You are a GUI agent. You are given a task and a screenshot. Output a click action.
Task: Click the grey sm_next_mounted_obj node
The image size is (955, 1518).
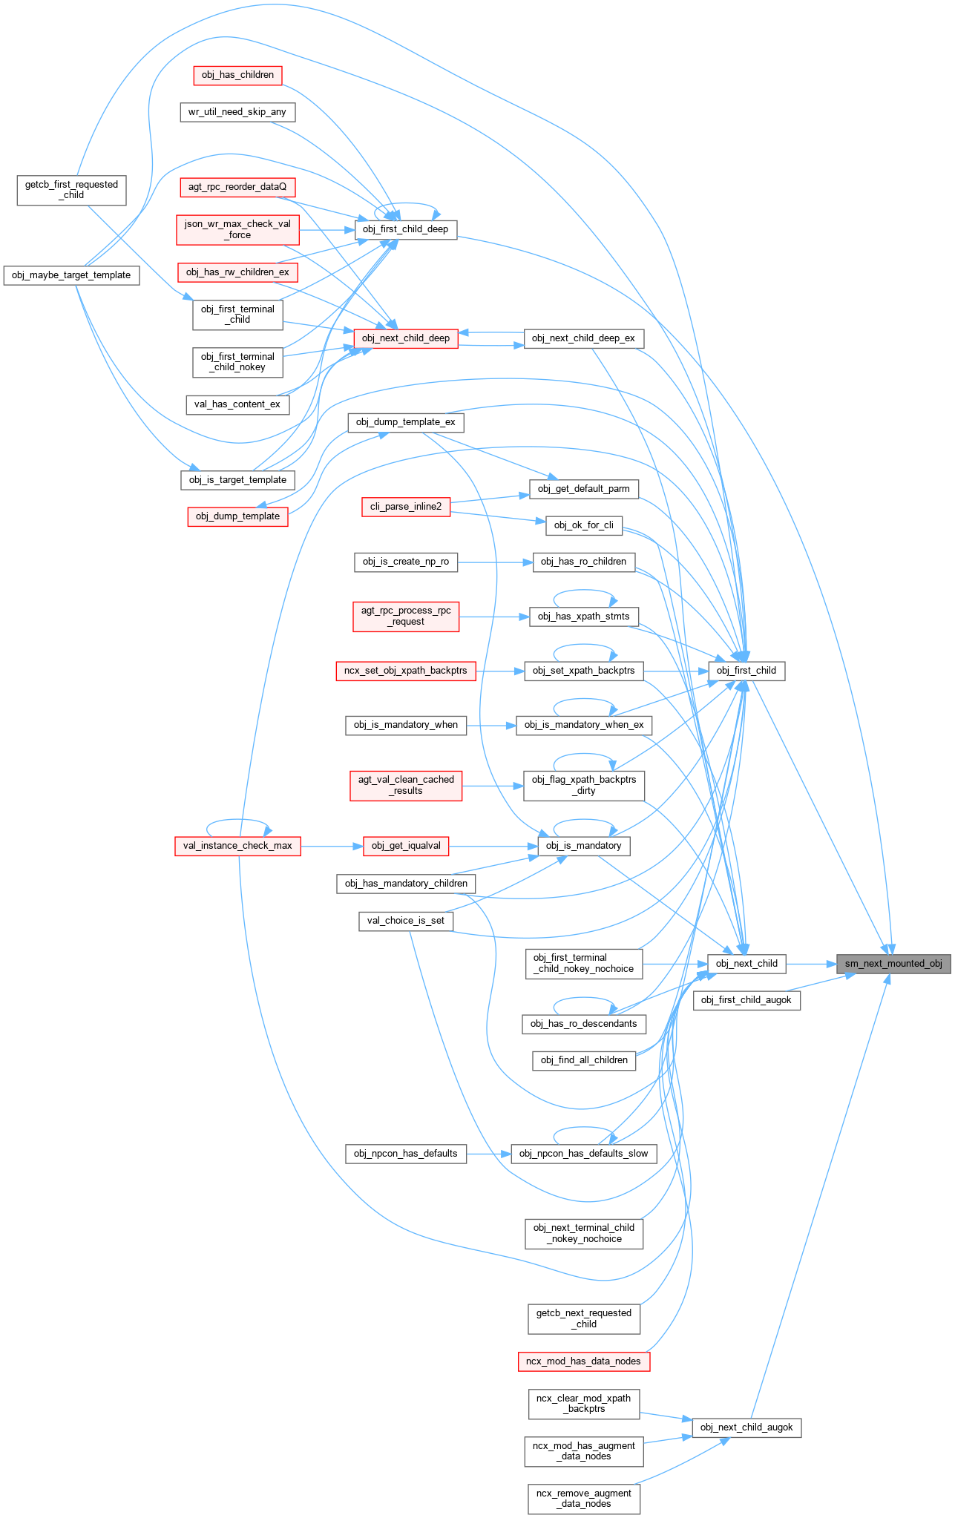(893, 964)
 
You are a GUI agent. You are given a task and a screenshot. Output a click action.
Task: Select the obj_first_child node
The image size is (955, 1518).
(746, 671)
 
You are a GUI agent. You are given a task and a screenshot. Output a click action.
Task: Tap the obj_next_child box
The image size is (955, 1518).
(746, 964)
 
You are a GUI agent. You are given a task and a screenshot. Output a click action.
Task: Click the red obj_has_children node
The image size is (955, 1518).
(237, 75)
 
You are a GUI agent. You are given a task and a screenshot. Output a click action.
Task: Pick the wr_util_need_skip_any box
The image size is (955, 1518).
(237, 112)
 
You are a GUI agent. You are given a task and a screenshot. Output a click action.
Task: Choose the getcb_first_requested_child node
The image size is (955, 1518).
(71, 190)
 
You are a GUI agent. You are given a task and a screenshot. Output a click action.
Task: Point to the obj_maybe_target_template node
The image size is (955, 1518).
(71, 275)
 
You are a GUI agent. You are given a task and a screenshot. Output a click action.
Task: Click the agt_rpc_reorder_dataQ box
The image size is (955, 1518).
(237, 187)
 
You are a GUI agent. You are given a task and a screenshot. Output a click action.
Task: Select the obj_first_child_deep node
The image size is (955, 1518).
(405, 229)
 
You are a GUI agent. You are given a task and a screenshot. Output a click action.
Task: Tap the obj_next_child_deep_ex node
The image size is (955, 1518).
(583, 338)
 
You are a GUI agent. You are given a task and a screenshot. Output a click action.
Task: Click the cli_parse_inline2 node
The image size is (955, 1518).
(406, 507)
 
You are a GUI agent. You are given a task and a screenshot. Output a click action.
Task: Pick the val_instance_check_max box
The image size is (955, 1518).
(237, 846)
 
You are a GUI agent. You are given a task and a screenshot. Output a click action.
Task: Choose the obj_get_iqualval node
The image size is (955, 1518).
(406, 846)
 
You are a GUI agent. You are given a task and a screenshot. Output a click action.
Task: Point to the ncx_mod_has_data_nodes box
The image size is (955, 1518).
(583, 1361)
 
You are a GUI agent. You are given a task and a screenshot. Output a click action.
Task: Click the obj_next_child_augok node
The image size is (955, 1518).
(746, 1427)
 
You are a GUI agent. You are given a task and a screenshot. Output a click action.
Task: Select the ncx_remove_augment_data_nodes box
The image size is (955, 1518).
(584, 1499)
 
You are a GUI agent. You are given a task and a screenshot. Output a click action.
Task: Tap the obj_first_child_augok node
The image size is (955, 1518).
(746, 1000)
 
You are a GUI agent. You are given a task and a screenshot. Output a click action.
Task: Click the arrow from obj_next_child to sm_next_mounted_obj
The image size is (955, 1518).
(810, 964)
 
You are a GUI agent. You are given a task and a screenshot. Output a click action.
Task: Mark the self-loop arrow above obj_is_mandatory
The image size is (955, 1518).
(584, 821)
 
